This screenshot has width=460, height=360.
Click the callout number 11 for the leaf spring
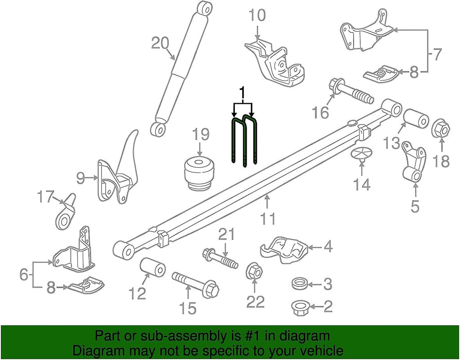[268, 219]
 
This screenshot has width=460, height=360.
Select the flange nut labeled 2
[299, 307]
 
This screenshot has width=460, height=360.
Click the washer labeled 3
[300, 284]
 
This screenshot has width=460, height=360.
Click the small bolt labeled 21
[220, 258]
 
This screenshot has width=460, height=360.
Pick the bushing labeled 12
[153, 269]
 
